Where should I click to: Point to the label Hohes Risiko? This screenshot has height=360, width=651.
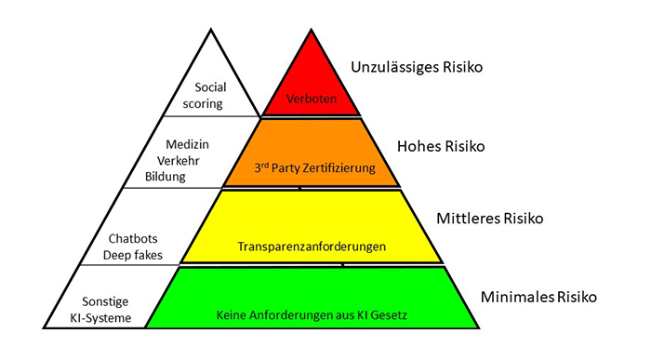pyautogui.click(x=441, y=147)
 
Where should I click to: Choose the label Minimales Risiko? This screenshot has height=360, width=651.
pyautogui.click(x=538, y=298)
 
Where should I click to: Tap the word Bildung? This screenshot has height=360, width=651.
pyautogui.click(x=184, y=175)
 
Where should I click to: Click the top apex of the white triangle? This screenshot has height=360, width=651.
pyautogui.click(x=210, y=30)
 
